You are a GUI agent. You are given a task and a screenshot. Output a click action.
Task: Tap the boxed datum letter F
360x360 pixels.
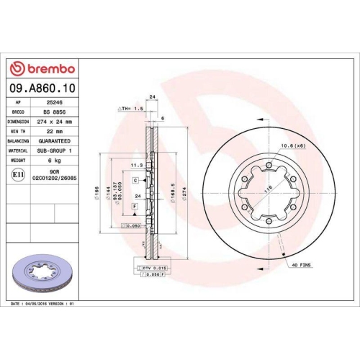(135, 207)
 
